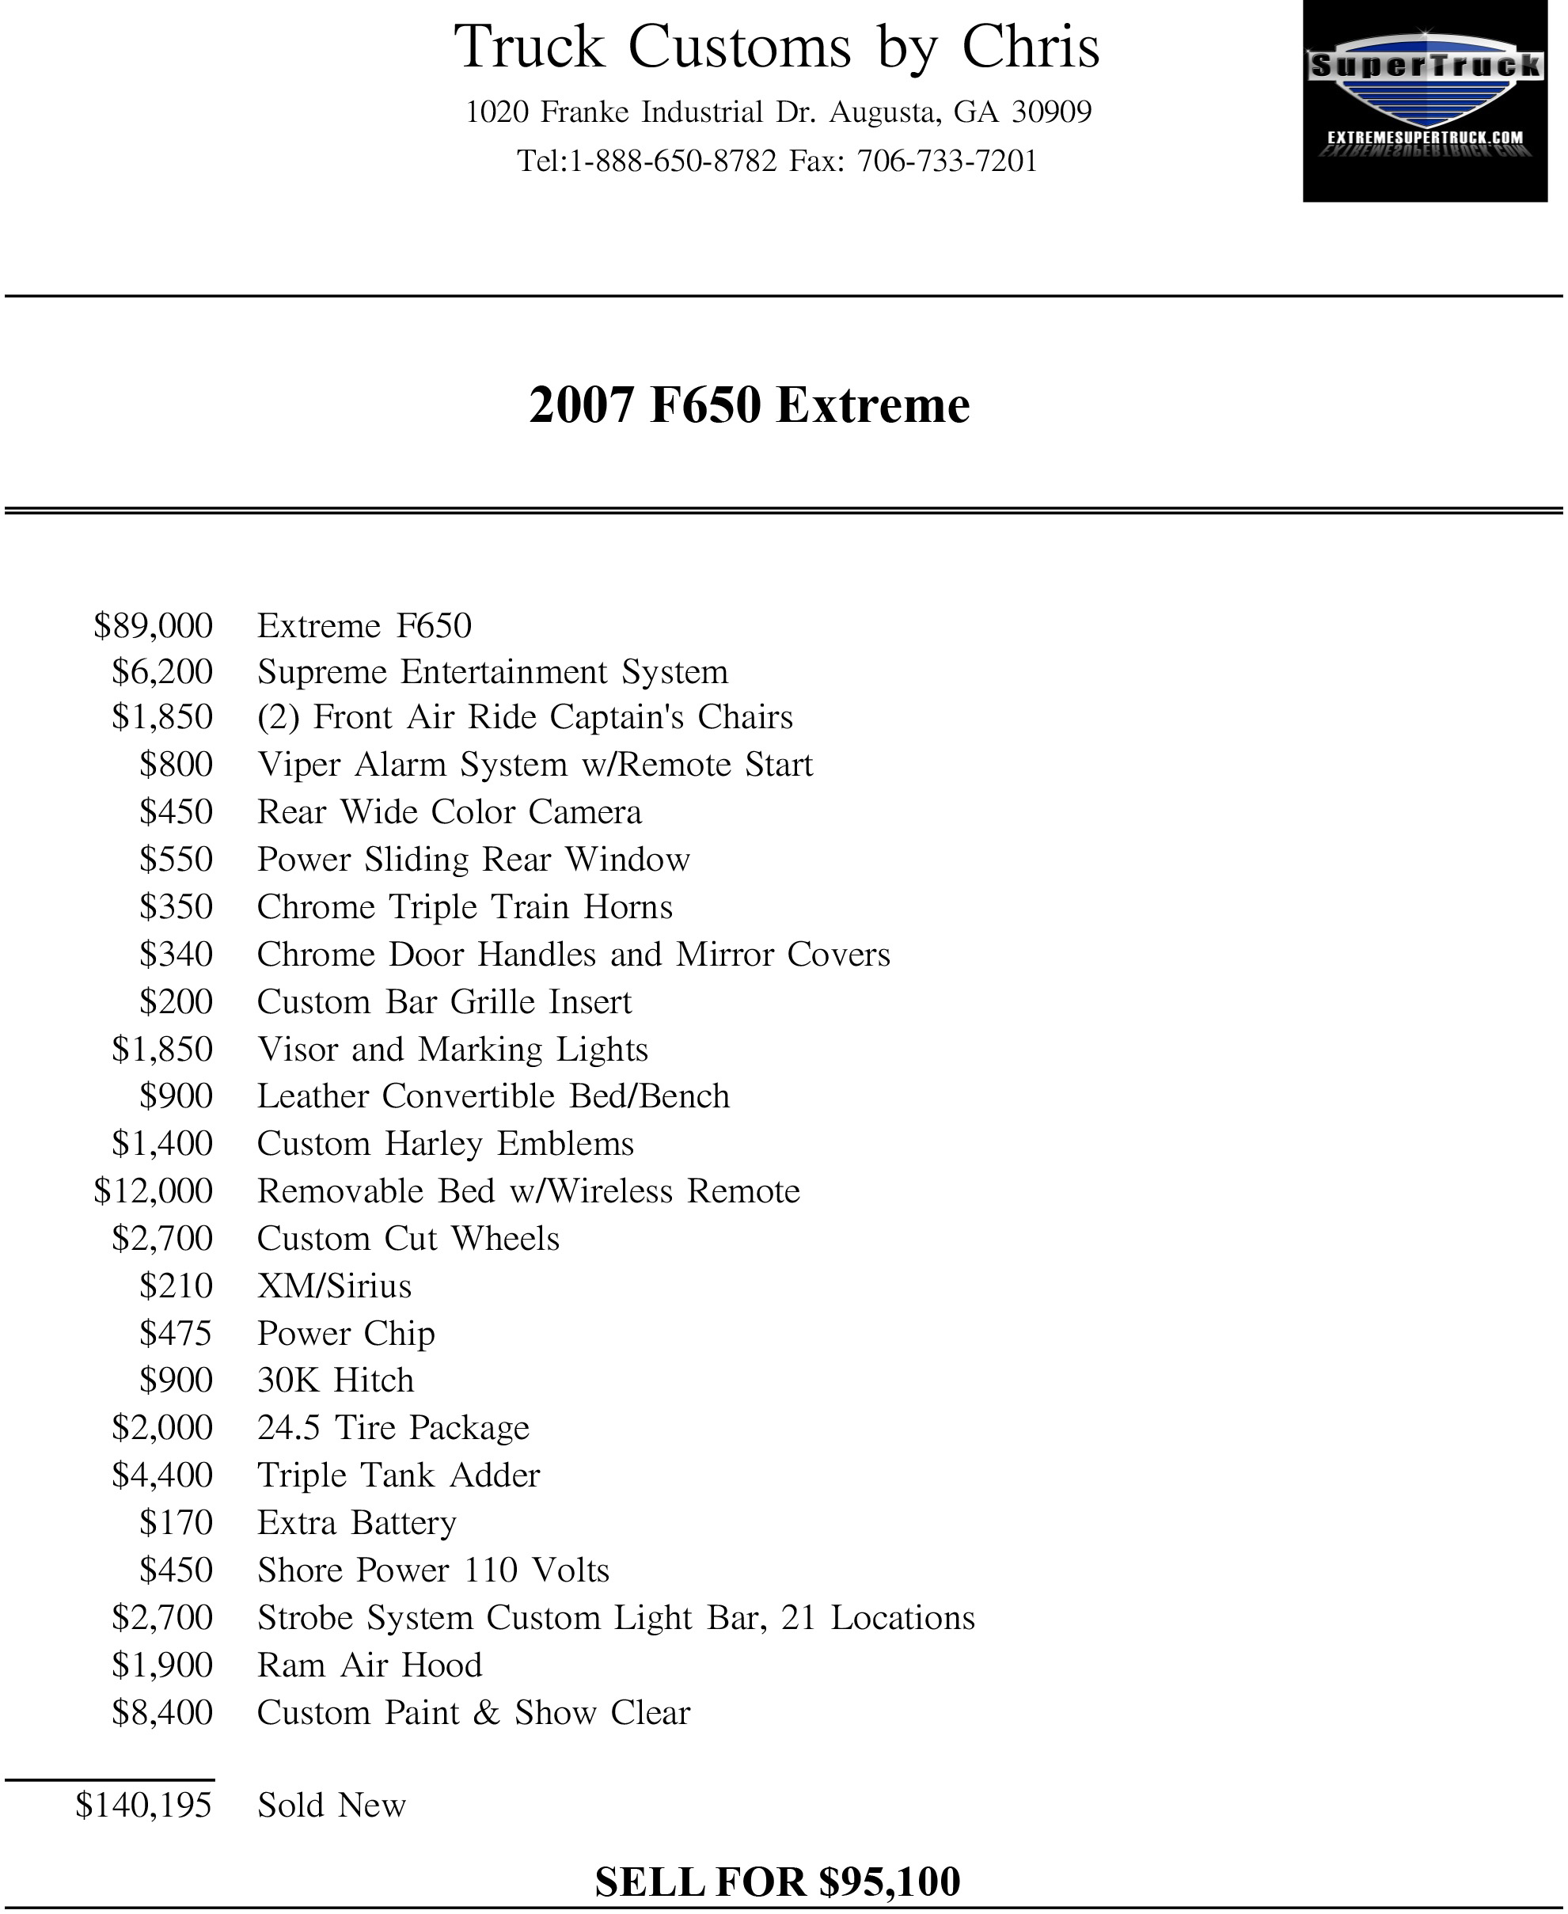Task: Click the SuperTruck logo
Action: tap(1425, 101)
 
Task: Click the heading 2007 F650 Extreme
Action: tap(749, 404)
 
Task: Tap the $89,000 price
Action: tap(154, 626)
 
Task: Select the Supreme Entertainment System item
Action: tap(492, 672)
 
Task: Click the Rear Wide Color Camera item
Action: tap(449, 812)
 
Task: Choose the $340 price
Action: tap(177, 955)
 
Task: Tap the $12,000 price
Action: tap(154, 1191)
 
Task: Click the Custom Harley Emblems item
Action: tap(446, 1145)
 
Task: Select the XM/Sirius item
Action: tap(334, 1286)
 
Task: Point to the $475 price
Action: tap(177, 1333)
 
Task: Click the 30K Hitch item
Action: tap(335, 1380)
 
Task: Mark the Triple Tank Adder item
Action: tap(398, 1475)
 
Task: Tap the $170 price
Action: tap(177, 1523)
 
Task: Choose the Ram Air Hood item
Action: tap(370, 1665)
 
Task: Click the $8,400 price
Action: tap(162, 1713)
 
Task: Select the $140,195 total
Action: tap(145, 1805)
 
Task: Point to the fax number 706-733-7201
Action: tap(947, 161)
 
